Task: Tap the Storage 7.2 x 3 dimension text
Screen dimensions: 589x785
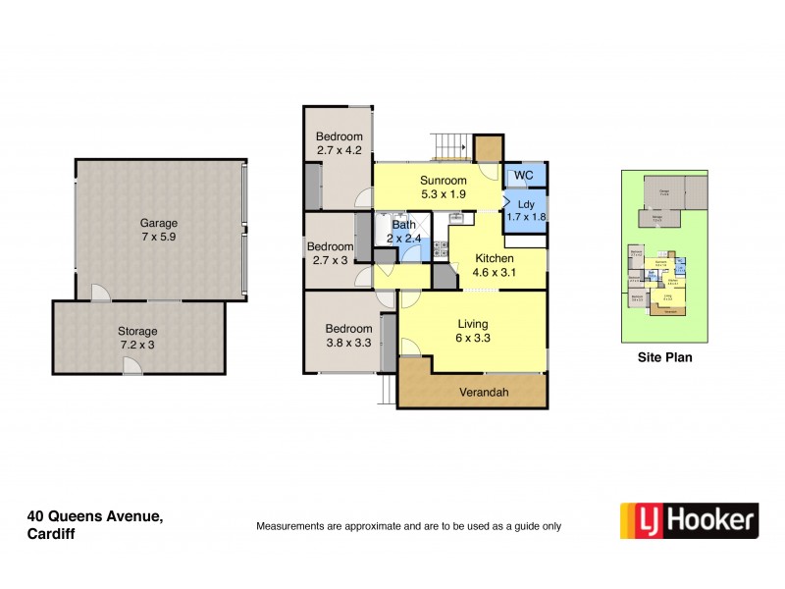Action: tap(138, 346)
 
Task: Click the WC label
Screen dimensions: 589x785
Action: tap(523, 177)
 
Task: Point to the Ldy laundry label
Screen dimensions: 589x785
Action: tap(526, 204)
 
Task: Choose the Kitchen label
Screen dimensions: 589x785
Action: tap(494, 258)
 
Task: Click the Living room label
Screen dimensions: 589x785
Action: tap(473, 324)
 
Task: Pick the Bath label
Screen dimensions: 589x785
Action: tap(404, 225)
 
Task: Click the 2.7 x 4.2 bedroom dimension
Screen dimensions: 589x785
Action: tap(340, 150)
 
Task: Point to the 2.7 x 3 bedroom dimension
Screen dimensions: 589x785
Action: tap(330, 260)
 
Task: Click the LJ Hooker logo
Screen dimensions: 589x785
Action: tap(688, 521)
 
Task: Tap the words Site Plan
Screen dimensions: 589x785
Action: tap(665, 358)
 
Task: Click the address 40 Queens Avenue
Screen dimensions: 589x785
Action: tap(95, 516)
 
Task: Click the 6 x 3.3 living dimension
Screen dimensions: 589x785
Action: tap(473, 339)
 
